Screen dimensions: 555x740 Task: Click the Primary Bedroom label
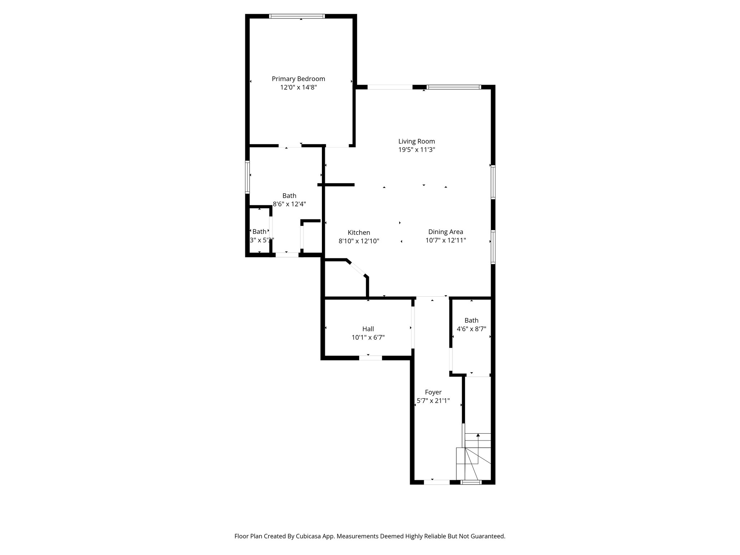click(298, 79)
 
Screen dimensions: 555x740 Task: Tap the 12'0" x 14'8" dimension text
click(298, 87)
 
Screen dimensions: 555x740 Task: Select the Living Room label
click(416, 141)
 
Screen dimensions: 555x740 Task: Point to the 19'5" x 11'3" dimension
click(416, 150)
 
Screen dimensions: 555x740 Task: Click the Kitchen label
click(358, 232)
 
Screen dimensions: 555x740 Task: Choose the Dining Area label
click(445, 232)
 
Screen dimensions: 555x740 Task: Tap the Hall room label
click(368, 329)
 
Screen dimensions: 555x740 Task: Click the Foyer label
click(433, 392)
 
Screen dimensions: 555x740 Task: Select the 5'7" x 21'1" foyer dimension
click(433, 401)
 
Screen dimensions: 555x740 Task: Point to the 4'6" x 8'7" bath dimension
click(471, 329)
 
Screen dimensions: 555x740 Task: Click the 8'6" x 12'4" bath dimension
click(289, 204)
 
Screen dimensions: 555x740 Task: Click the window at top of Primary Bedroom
click(297, 16)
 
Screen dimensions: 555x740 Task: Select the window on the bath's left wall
click(248, 177)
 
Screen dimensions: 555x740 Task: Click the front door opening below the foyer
click(436, 482)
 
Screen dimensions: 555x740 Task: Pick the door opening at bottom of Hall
click(370, 358)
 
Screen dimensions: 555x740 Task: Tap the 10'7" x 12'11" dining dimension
click(445, 241)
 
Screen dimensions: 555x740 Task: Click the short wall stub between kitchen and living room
click(336, 185)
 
